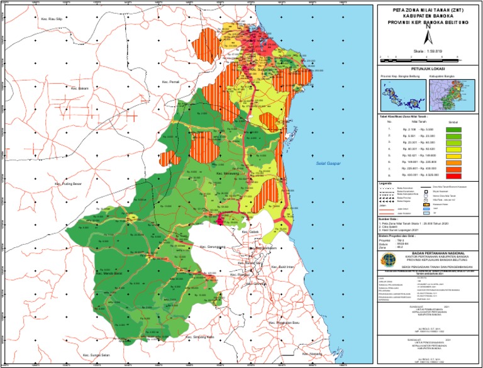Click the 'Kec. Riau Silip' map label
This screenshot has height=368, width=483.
click(53, 20)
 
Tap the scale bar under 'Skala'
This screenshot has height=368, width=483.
click(428, 57)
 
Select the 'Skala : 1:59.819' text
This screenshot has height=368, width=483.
click(428, 50)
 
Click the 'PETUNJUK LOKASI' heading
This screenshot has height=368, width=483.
click(428, 70)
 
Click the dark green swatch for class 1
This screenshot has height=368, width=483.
click(454, 129)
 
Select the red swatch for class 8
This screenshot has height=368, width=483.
click(454, 176)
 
